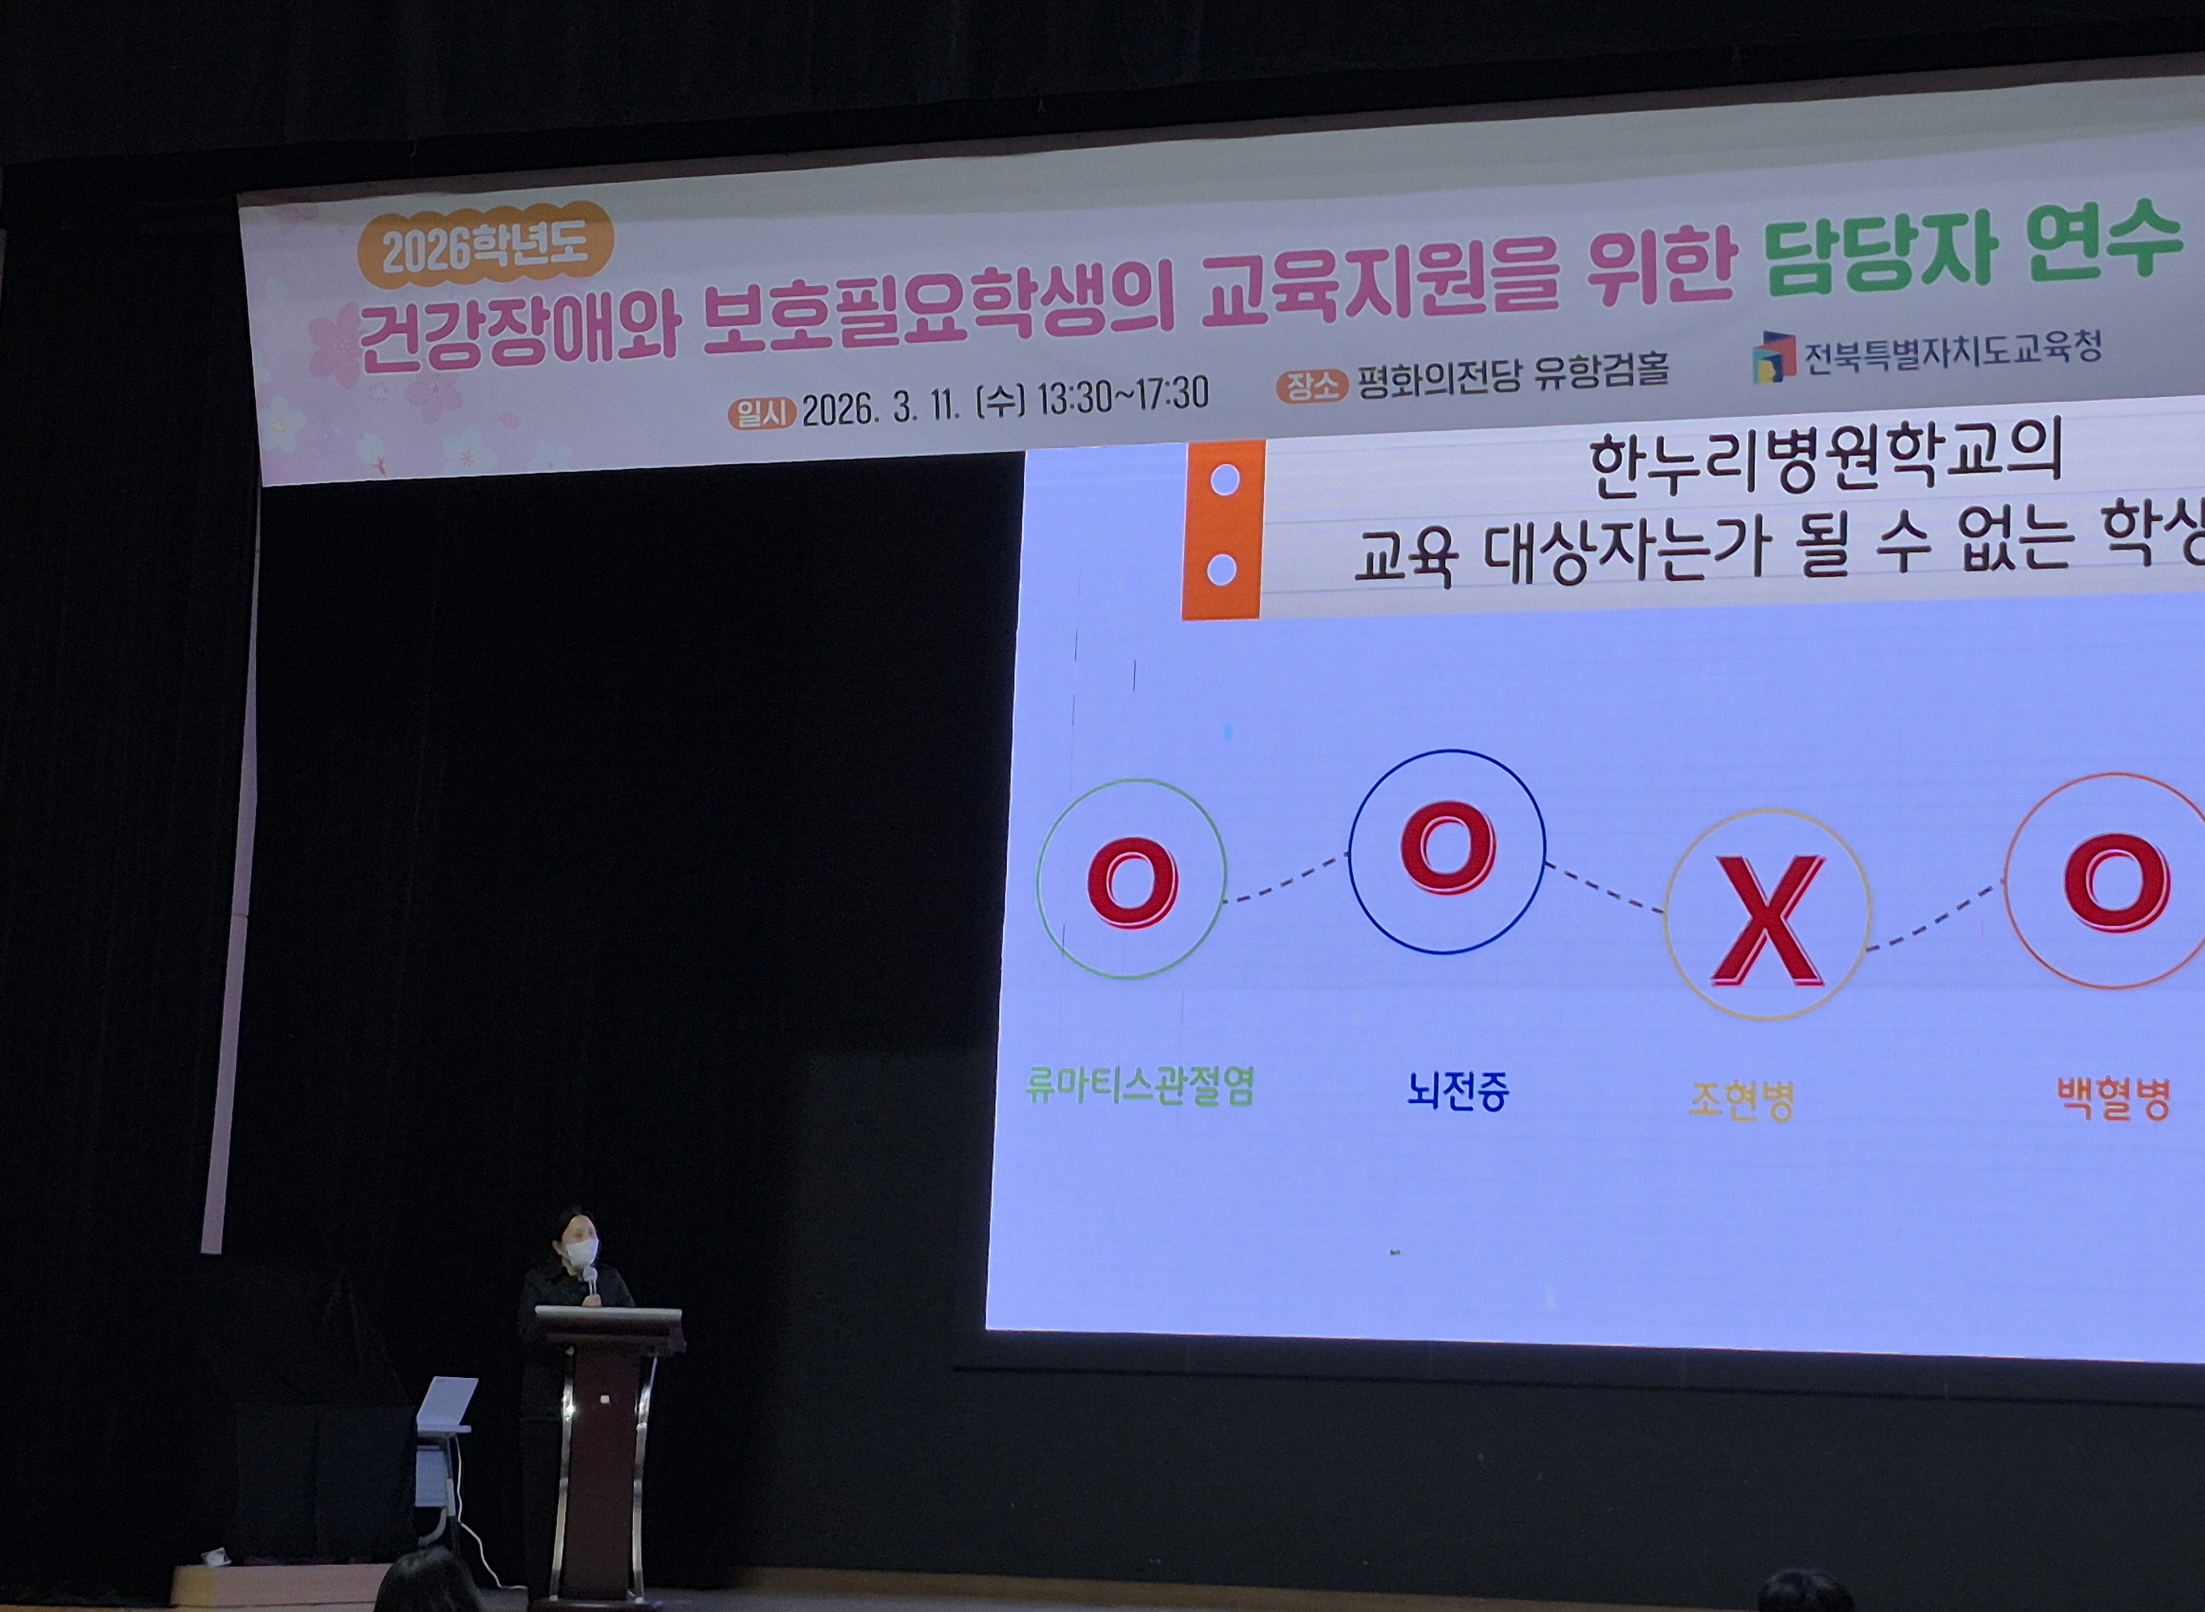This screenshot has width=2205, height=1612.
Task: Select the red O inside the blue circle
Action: click(1447, 847)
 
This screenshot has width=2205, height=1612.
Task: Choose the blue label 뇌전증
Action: click(1457, 1090)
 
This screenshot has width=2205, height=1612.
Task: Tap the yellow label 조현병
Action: click(1741, 1100)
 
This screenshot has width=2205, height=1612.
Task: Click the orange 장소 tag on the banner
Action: click(1311, 387)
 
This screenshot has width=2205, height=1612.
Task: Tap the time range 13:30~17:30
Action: click(1123, 396)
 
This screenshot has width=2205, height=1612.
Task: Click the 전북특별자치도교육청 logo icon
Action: click(1773, 357)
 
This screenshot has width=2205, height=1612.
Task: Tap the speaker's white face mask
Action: click(582, 1251)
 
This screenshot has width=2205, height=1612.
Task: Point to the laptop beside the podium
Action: click(445, 1406)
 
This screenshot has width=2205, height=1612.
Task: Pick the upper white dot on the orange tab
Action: click(1224, 480)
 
